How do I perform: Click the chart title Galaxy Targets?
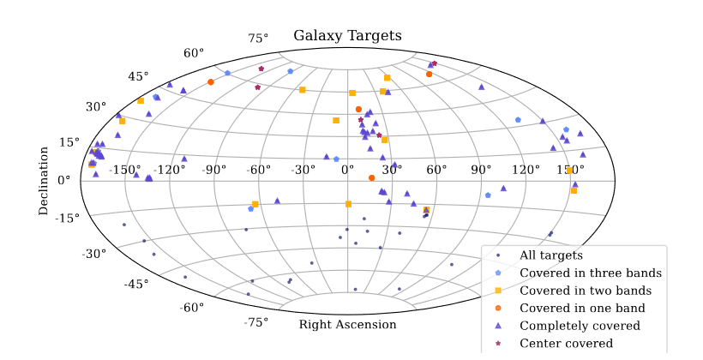point(347,36)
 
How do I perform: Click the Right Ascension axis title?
point(347,325)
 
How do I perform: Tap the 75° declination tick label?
point(258,38)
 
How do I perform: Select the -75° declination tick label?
point(256,322)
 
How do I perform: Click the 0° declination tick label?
point(64,180)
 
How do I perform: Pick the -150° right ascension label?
point(124,170)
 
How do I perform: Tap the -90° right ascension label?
point(213,170)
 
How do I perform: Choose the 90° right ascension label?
point(481,170)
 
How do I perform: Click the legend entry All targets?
point(551,255)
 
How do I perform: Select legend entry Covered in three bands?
point(591,273)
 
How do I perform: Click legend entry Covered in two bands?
point(586,291)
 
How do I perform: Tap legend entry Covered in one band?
point(582,308)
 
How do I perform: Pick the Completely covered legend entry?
point(580,326)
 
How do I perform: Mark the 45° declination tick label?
point(138,76)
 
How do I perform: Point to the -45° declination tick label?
point(136,284)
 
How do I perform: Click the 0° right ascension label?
point(347,170)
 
